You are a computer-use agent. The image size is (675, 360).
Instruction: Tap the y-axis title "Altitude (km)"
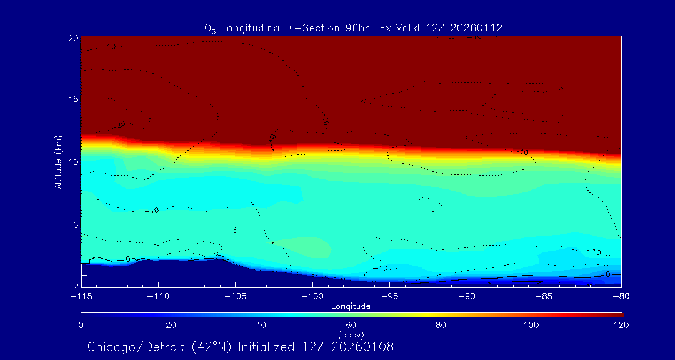click(58, 162)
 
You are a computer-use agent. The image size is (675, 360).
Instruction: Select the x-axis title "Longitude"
click(351, 306)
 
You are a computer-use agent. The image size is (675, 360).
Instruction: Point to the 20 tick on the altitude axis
click(72, 38)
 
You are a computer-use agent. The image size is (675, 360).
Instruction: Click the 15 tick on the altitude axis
click(72, 100)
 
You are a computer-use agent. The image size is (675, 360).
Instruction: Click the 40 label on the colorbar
click(261, 325)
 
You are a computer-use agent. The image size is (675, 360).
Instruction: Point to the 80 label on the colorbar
click(442, 325)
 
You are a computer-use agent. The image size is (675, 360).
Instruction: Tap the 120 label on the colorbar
click(621, 325)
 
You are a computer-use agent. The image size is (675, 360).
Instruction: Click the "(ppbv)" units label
click(351, 335)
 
